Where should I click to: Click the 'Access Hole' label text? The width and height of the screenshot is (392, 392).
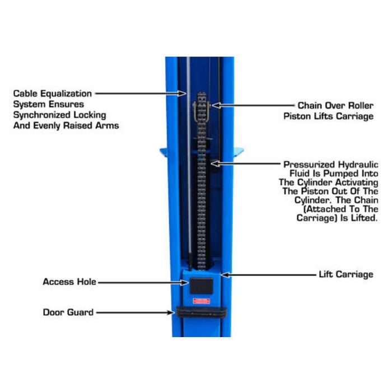[x=69, y=282]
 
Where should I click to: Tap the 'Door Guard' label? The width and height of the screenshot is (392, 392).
[x=68, y=312]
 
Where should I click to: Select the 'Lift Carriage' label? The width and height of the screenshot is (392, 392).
[x=346, y=274]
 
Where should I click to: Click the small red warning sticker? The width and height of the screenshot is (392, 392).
[x=201, y=301]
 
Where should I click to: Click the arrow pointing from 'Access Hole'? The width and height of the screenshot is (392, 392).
[x=143, y=282]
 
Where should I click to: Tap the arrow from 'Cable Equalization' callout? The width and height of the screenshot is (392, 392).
[x=140, y=94]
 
